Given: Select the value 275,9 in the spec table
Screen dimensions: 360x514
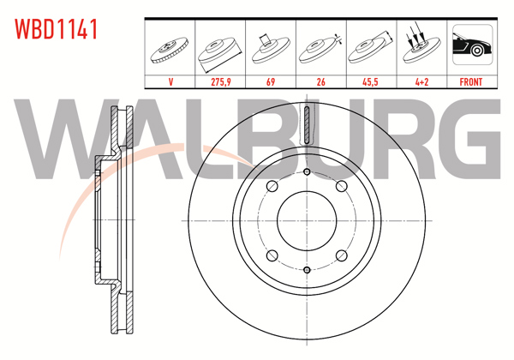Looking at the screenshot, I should [x=221, y=82].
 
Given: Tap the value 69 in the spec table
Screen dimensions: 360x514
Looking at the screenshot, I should [x=271, y=82].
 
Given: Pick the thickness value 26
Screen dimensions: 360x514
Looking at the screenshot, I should [x=320, y=82].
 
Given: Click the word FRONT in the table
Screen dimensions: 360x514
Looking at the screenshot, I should [x=471, y=82].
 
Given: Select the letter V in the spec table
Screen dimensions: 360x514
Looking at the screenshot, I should [x=171, y=82].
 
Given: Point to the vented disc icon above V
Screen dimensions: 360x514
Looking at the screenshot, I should [x=171, y=47].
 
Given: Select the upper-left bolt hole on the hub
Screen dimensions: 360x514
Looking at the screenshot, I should [x=272, y=187].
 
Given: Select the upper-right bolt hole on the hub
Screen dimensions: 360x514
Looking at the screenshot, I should [x=341, y=187].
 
